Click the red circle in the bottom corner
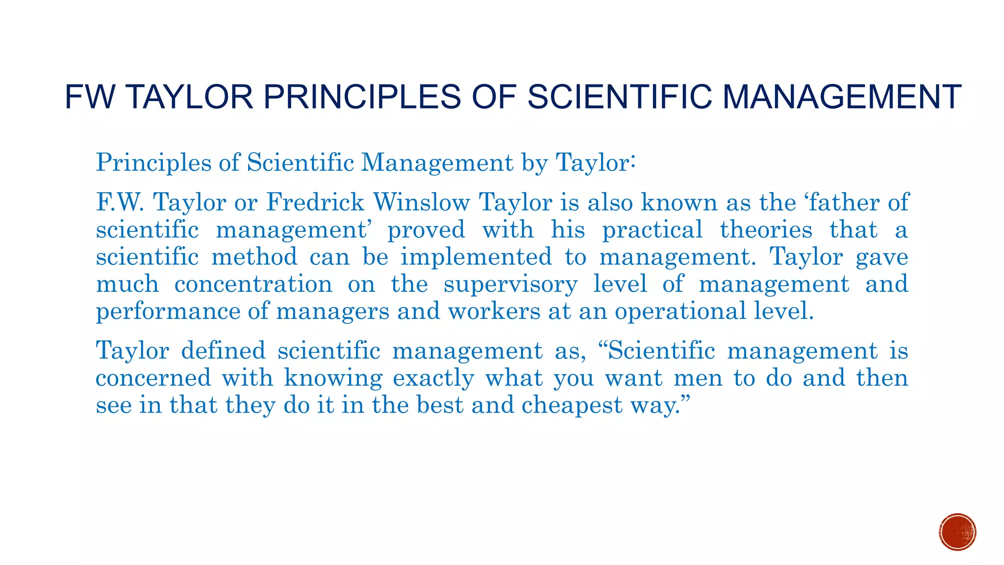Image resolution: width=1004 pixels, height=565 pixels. click(x=957, y=532)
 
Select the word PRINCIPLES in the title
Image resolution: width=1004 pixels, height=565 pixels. click(x=362, y=97)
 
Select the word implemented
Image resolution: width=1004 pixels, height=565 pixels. click(x=476, y=257)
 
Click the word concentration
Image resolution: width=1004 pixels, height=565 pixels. click(x=253, y=284)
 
